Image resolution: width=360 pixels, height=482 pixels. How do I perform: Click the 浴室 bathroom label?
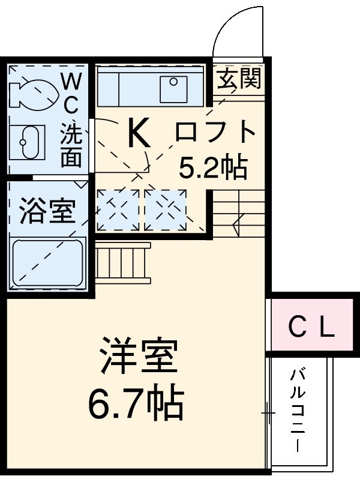tap(47, 212)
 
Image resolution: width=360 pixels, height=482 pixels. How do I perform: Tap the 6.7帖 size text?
tap(136, 404)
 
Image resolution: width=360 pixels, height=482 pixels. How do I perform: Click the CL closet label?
tap(310, 328)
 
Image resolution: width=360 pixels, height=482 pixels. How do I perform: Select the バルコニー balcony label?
tap(298, 411)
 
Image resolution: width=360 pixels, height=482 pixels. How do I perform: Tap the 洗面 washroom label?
tap(71, 144)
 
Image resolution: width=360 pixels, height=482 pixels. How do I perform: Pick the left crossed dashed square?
tap(118, 209)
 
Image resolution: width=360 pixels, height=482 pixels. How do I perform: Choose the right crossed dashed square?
tap(166, 209)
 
